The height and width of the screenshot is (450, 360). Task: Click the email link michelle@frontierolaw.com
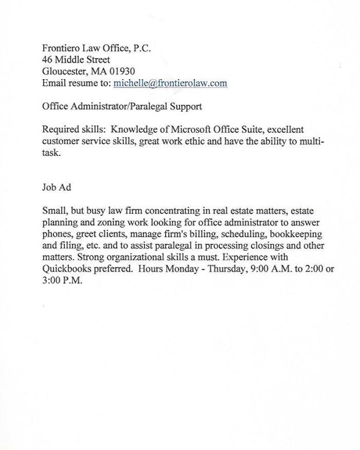click(170, 83)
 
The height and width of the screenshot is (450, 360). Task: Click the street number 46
click(48, 60)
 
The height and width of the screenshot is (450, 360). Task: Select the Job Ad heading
click(57, 187)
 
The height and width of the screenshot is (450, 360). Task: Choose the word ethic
click(189, 141)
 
